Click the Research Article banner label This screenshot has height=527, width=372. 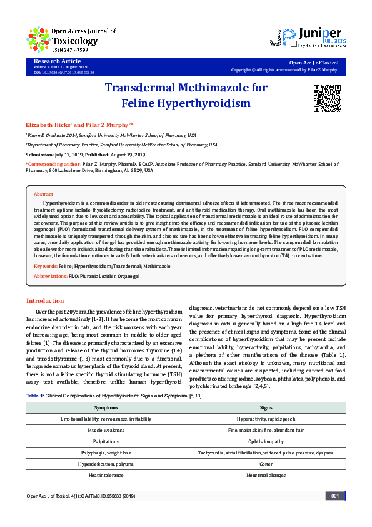(53, 60)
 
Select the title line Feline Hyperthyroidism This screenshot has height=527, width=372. (186, 102)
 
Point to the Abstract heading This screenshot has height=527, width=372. (43, 195)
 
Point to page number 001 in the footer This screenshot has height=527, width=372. (334, 496)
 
